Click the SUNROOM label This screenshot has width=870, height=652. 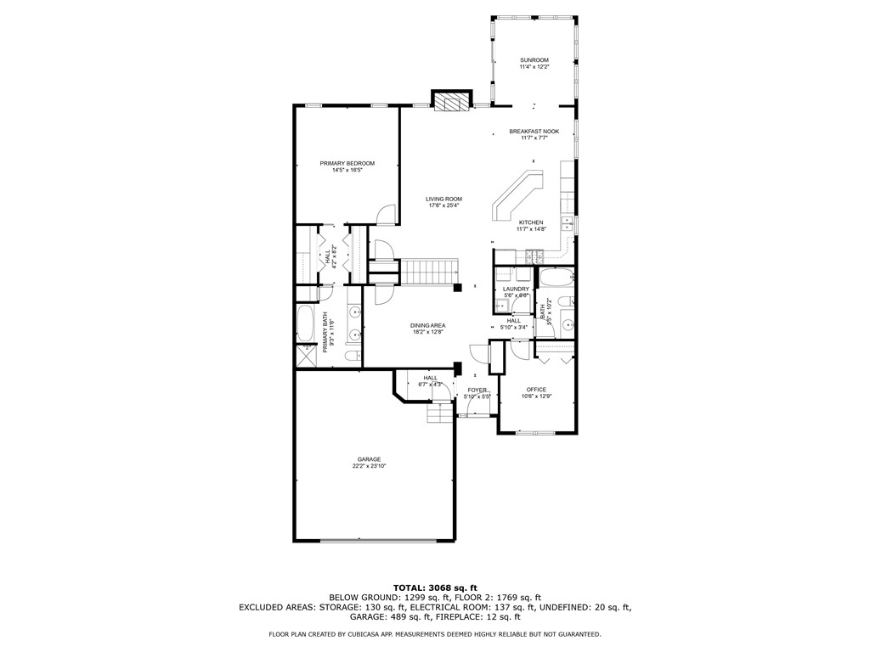click(x=534, y=59)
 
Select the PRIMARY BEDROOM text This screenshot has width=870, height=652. click(x=347, y=163)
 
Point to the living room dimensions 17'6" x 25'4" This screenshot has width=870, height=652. click(x=443, y=205)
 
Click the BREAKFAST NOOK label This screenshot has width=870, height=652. click(x=534, y=132)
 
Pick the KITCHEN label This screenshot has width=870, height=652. click(x=531, y=222)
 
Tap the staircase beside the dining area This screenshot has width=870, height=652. click(x=428, y=273)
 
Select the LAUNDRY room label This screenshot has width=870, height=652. click(x=516, y=289)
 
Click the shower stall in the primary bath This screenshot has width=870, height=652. click(x=304, y=355)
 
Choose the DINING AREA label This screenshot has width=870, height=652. click(x=428, y=325)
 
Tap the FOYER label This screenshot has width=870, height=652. click(x=477, y=390)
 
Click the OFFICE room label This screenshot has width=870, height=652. click(x=536, y=390)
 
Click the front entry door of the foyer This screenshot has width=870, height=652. click(x=477, y=414)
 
